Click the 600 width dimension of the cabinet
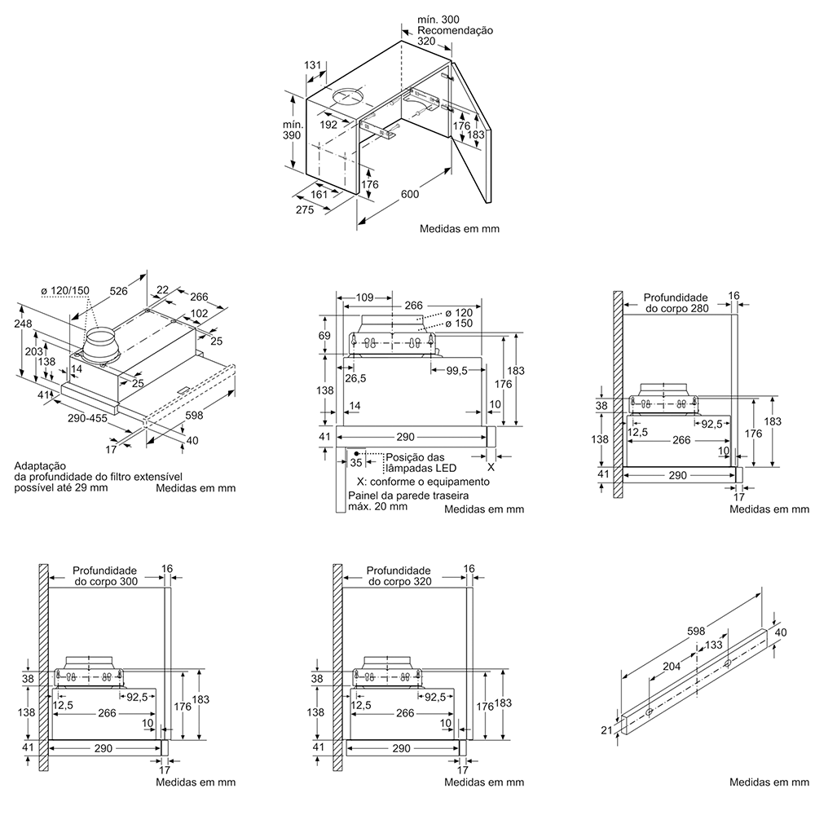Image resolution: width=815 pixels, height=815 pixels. click(x=409, y=194)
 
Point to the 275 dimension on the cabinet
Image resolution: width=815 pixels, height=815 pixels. click(x=305, y=209)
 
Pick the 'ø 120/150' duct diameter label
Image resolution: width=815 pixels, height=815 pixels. click(x=65, y=291)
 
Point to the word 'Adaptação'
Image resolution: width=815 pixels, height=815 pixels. click(x=40, y=465)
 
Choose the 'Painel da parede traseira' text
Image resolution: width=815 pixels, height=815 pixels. click(x=394, y=495)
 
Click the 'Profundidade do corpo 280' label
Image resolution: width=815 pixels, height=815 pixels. click(x=676, y=303)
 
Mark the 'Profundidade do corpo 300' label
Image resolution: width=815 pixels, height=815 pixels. click(x=104, y=576)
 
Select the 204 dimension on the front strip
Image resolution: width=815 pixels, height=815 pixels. click(x=672, y=666)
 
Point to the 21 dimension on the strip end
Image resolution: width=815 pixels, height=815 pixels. click(x=606, y=730)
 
